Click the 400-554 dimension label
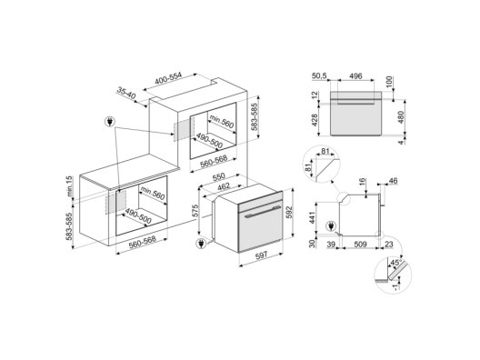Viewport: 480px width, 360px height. coord(168,78)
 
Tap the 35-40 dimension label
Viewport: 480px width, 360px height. coord(125,93)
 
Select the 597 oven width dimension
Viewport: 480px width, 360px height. coord(261,255)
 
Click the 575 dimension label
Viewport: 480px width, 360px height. coord(195,211)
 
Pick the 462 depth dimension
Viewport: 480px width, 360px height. coord(223,186)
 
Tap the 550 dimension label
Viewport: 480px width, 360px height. coord(218,177)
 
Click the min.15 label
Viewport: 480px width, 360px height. coord(70,186)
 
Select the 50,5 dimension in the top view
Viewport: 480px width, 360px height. coord(319,75)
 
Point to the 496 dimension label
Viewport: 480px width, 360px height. coord(355,75)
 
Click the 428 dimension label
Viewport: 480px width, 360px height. coord(314,120)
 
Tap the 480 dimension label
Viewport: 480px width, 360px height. coord(401,116)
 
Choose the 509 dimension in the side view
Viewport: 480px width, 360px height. coord(360,245)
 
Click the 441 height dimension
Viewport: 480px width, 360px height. coord(312,217)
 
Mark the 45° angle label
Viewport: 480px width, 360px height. coord(395,263)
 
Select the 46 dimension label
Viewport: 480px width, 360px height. coord(393,181)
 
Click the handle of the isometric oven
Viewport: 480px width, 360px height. coord(263,212)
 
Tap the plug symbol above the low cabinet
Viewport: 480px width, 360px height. coord(109,122)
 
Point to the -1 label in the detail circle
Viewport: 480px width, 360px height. coord(395,286)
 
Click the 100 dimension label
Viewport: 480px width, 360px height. coord(389,82)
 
